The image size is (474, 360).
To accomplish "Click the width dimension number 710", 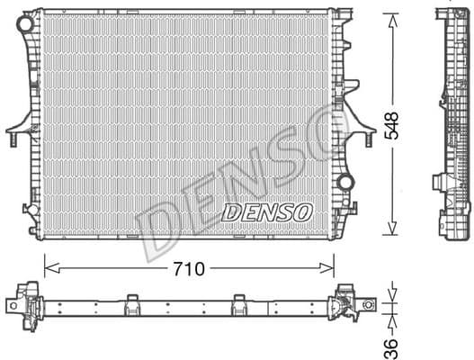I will pyautogui.click(x=190, y=269).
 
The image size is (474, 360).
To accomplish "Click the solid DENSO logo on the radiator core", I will pyautogui.click(x=265, y=212).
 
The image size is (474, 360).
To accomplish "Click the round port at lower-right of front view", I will pyautogui.click(x=345, y=183).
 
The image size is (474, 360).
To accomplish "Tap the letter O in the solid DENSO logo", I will pyautogui.click(x=303, y=212).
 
